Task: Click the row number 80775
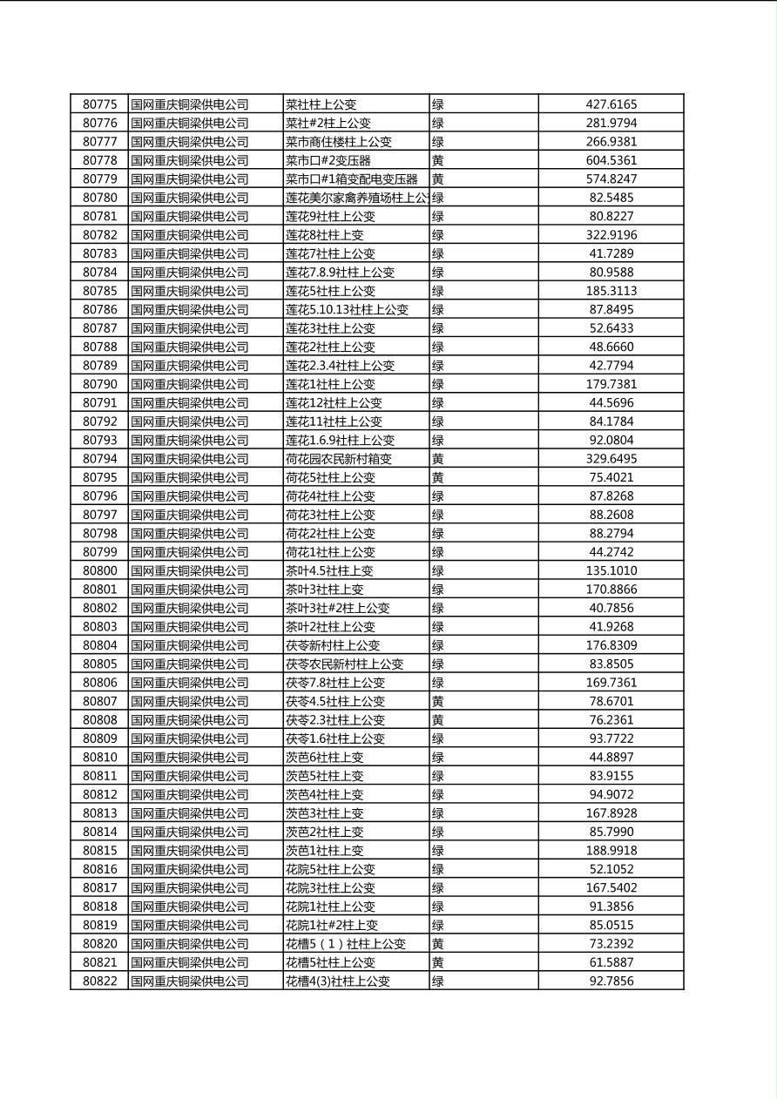coord(99,105)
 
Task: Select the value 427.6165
coord(611,105)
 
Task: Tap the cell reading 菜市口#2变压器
coord(328,160)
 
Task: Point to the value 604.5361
coord(611,160)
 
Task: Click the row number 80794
coord(99,459)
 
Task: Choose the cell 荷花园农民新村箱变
coord(339,459)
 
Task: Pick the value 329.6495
coord(611,459)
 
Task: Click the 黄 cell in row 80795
coord(438,477)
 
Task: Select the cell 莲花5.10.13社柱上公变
coord(347,309)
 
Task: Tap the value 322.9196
coord(611,235)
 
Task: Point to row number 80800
coord(99,570)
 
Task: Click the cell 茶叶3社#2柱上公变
coord(337,608)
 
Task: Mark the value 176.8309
coord(611,645)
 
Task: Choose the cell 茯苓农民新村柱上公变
coord(344,664)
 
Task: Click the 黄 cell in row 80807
coord(438,701)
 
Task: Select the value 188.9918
coord(611,850)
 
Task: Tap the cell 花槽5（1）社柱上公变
coord(346,944)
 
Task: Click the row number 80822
coord(99,981)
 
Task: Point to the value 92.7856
coord(611,981)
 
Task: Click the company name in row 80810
coord(190,757)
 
